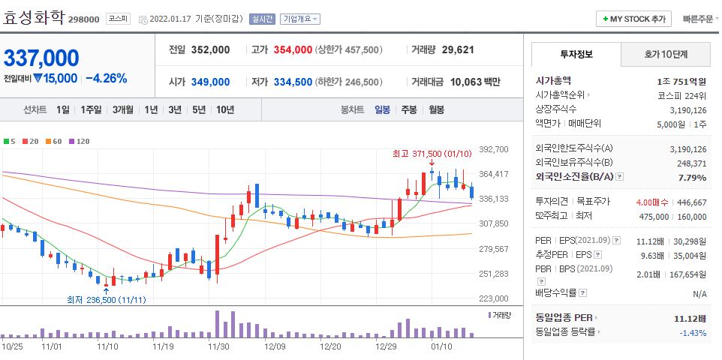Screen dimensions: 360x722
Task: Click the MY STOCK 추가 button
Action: [x=633, y=19]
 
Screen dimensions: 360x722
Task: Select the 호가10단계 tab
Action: [x=666, y=55]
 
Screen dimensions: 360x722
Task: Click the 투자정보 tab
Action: [x=576, y=55]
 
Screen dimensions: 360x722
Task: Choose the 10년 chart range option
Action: [x=224, y=109]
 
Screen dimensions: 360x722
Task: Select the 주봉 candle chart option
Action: [x=408, y=109]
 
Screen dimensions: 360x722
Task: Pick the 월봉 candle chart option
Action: [x=436, y=109]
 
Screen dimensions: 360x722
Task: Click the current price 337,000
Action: [x=42, y=58]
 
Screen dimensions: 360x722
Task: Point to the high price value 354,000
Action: [x=292, y=49]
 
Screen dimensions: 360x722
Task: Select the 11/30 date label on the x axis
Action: [x=218, y=346]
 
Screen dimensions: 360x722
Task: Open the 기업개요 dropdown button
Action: [x=300, y=19]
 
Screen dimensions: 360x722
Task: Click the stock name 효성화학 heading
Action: [x=33, y=18]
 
